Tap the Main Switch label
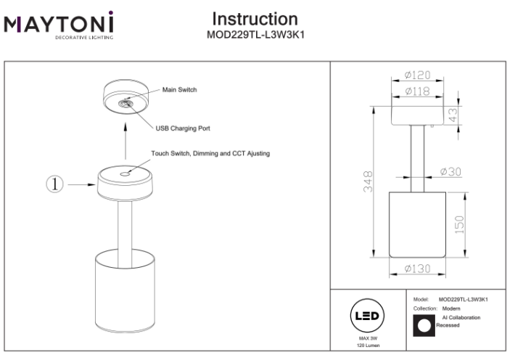click(x=179, y=90)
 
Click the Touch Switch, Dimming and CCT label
click(x=210, y=154)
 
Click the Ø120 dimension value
click(x=418, y=75)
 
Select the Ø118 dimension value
click(x=418, y=91)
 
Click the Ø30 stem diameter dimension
click(x=451, y=172)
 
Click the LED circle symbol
click(x=366, y=316)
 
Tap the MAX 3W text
click(x=366, y=339)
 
